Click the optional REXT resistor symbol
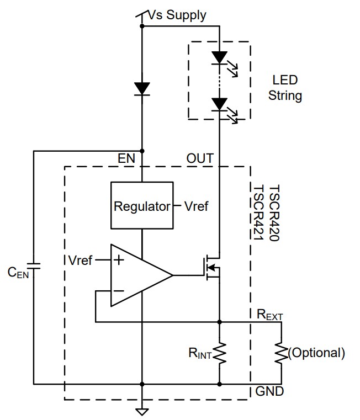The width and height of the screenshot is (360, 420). [x=282, y=353]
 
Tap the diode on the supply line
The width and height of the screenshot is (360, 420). [x=142, y=88]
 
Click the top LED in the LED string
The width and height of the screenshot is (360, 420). [x=220, y=57]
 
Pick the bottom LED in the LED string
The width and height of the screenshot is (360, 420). [x=220, y=103]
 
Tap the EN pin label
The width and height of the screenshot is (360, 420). [x=126, y=159]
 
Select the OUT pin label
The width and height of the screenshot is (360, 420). [x=200, y=159]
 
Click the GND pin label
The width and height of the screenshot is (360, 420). [x=269, y=392]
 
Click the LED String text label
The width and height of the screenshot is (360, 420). [x=285, y=88]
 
